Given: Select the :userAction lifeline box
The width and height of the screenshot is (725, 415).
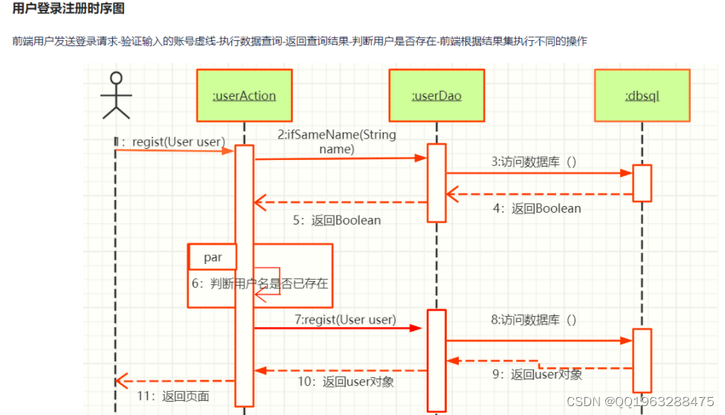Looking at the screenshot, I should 244,95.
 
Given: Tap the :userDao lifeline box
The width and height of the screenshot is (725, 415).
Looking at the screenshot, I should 436,95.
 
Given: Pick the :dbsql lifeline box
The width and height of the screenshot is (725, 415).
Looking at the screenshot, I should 642,95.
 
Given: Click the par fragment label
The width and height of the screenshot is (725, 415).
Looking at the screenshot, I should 213,257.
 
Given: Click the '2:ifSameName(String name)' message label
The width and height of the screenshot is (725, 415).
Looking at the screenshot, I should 337,142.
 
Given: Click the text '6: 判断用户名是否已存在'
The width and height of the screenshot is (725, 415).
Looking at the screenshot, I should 260,283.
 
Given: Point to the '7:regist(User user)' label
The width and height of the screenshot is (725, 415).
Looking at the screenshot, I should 345,319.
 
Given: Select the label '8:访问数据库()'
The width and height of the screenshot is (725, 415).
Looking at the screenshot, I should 533,320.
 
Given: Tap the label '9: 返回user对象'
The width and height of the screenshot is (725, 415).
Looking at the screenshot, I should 537,374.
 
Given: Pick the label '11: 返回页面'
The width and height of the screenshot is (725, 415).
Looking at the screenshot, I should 173,396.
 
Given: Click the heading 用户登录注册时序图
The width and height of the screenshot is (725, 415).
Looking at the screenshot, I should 68,9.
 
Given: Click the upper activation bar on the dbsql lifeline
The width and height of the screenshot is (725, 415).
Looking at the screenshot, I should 642,183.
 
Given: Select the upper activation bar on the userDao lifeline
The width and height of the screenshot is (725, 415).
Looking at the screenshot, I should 436,182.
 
